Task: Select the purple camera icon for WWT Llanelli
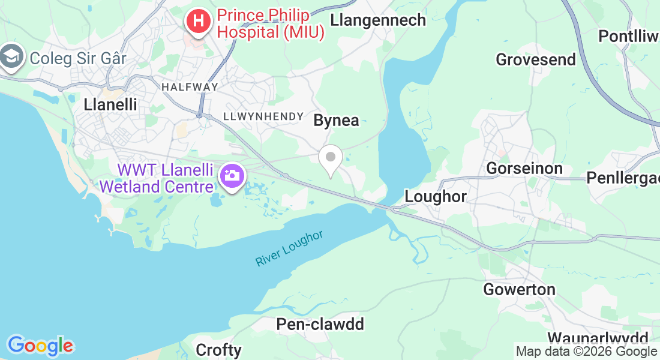[231, 176]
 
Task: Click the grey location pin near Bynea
[330, 158]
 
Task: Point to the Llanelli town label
[110, 104]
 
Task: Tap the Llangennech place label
[378, 20]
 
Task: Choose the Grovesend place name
[535, 60]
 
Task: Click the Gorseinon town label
[524, 169]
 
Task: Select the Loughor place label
[436, 196]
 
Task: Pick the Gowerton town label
[520, 290]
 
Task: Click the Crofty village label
[219, 350]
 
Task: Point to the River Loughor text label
[289, 248]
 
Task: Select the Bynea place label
[337, 121]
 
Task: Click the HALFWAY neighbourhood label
[190, 87]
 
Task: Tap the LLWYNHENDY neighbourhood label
[259, 116]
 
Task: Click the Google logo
[40, 346]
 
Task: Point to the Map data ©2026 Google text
[586, 352]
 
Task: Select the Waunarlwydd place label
[598, 338]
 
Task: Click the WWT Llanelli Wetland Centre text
[157, 178]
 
